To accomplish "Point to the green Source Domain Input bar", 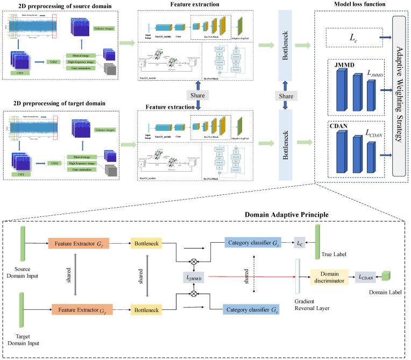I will click(24, 243).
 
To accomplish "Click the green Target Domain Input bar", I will click(24, 310).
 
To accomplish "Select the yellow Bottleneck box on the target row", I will click(147, 310).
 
